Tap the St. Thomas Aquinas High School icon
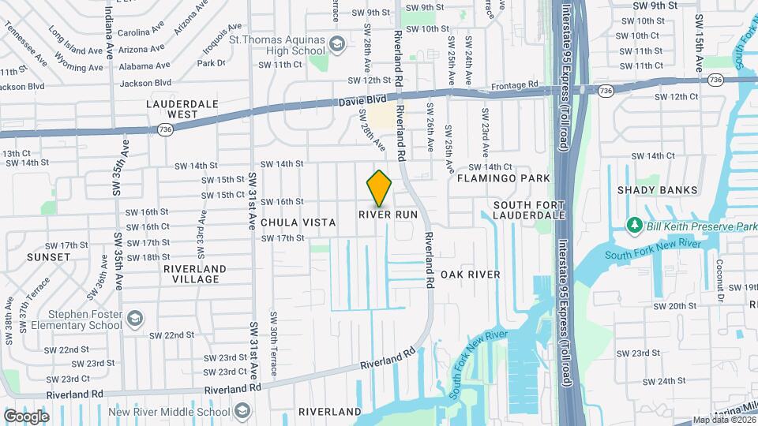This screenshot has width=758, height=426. coord(337,43)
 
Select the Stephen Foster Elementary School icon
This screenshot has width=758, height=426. coord(135,318)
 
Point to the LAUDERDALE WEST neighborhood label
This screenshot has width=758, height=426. coord(172,109)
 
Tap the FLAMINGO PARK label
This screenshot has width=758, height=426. coord(503,179)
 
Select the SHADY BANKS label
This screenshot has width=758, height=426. coord(658,190)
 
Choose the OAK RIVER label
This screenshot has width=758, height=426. coord(471,275)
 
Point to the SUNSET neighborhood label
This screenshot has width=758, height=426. coord(48,257)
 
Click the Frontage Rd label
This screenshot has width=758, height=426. coord(513,84)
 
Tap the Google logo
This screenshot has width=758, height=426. coord(26,416)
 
